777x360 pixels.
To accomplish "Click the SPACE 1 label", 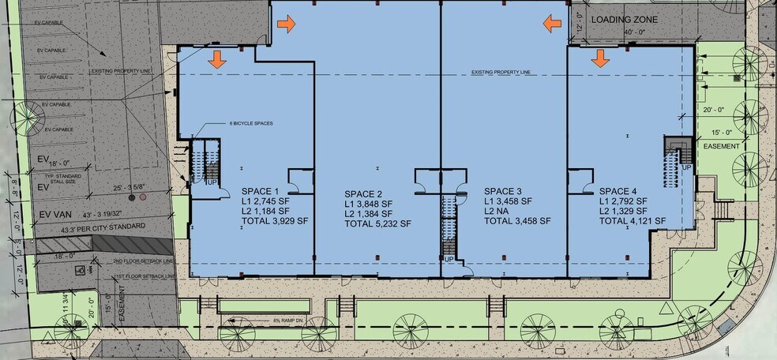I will (260, 192).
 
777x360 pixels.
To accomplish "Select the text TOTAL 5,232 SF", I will (378, 224).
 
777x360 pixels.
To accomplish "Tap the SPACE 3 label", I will (503, 192).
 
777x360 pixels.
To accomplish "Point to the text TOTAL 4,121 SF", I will (632, 221).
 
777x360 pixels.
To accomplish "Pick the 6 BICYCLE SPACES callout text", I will (251, 123).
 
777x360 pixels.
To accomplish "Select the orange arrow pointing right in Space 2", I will (287, 24).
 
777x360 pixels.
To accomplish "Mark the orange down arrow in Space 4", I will (600, 58).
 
